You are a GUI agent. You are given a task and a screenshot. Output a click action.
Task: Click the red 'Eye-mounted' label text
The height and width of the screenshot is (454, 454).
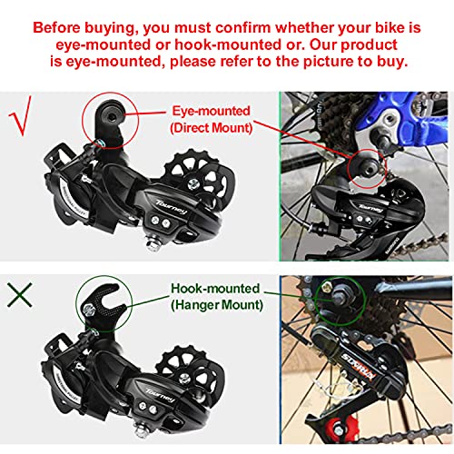211,110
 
